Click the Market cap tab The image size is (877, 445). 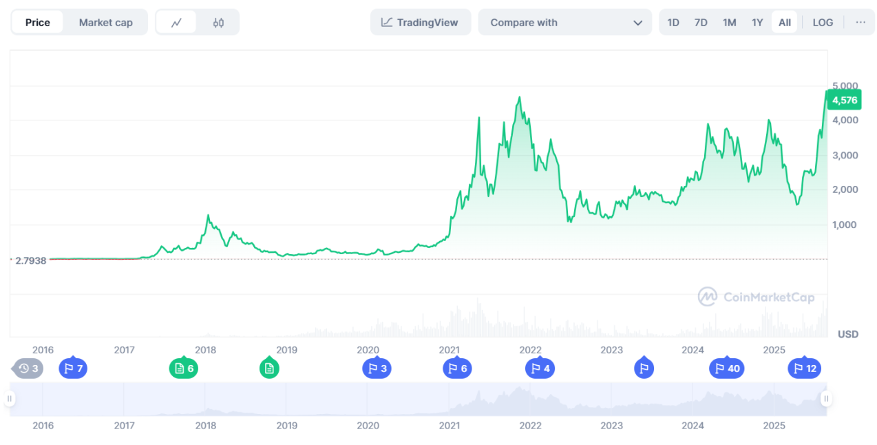coord(105,22)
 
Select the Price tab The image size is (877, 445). coord(38,22)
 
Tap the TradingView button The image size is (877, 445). coord(420,22)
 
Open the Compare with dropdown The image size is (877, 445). coord(564,22)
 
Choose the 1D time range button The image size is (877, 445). coord(673,22)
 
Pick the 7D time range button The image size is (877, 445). coord(701,22)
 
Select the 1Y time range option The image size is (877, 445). coord(757,22)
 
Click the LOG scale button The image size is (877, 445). coord(823,22)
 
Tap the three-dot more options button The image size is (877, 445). coord(860,22)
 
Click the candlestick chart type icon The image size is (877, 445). coord(218,22)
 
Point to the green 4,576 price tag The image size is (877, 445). coord(845,101)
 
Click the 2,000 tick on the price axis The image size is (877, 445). coord(844,189)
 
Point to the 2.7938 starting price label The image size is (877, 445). coord(31,260)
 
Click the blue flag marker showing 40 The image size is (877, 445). coord(727,369)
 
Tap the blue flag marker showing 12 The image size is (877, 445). coord(805,369)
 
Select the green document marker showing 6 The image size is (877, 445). coord(184,369)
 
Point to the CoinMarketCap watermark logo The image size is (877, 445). coord(757,297)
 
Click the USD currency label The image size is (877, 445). coord(848,334)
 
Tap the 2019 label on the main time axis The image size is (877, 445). coord(286,350)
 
